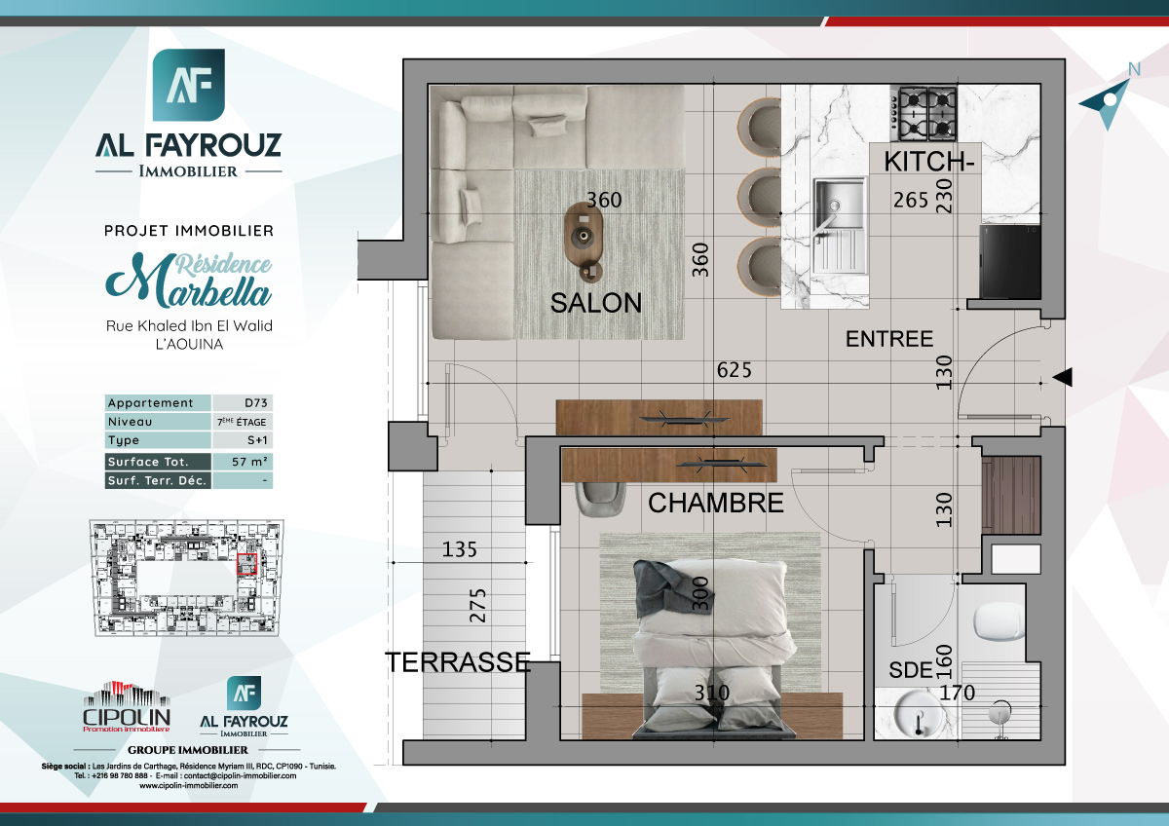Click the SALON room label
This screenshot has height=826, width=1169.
596,303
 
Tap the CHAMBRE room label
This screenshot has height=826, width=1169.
715,503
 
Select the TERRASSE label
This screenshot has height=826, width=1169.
458,662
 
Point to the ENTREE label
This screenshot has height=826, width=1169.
888,339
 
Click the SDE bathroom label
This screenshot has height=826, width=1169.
910,671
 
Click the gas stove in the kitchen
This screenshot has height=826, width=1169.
926,113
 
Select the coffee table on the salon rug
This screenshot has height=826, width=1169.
584,238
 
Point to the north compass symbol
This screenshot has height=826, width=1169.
1110,101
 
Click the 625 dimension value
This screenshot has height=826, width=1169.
734,370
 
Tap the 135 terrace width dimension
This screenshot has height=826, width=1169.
460,549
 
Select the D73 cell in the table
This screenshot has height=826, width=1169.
242,403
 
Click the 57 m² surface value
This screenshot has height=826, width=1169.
242,462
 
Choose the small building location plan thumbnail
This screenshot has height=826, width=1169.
186,578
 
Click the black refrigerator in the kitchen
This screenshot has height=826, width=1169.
1009,261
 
